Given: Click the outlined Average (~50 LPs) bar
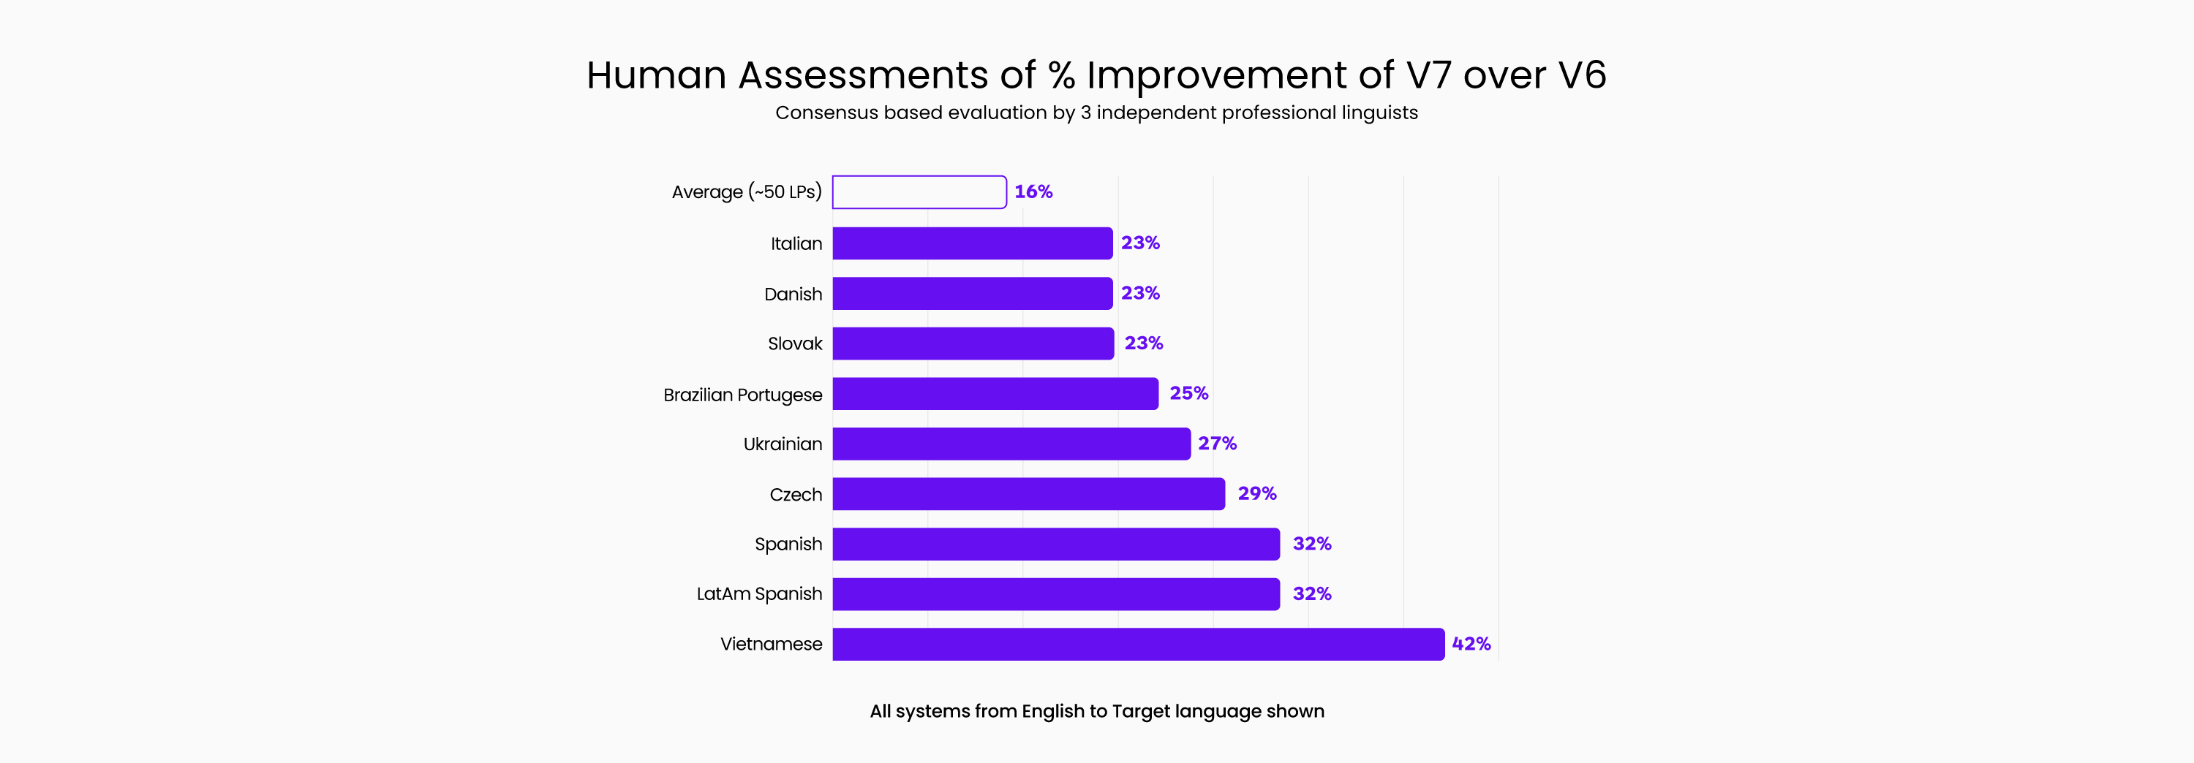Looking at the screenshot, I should click(x=919, y=192).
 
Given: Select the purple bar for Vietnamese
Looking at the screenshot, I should click(x=1138, y=645).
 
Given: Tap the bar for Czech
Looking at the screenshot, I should click(x=1028, y=494).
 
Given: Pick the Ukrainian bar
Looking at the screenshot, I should click(x=1011, y=444).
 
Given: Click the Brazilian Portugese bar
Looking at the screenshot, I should click(x=995, y=394).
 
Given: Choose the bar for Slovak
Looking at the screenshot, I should click(x=973, y=344).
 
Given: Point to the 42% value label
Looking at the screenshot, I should click(x=1471, y=645).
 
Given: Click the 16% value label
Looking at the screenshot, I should click(x=1033, y=192).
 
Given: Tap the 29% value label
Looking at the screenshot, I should click(x=1256, y=494).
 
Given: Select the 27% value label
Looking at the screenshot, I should click(x=1217, y=444).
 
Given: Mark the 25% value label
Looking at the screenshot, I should click(x=1188, y=393).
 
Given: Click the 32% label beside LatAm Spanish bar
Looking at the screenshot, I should click(x=1311, y=594).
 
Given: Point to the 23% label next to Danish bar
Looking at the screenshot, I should click(x=1139, y=294).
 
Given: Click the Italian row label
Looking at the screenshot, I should click(x=796, y=244).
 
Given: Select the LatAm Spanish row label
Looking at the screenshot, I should click(x=759, y=594).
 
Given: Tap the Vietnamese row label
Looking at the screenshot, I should click(x=771, y=645).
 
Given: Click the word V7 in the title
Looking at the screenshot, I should click(x=1428, y=75).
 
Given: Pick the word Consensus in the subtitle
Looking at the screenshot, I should click(x=826, y=113).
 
